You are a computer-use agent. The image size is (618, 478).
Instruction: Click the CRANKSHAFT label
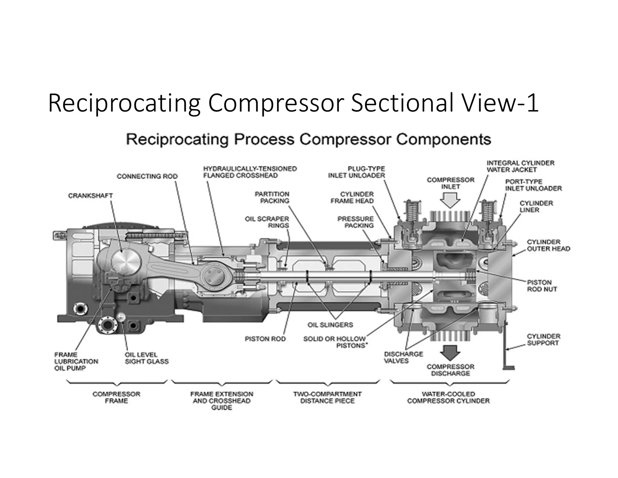[x=90, y=196]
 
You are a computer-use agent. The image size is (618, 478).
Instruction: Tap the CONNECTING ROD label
[x=147, y=176]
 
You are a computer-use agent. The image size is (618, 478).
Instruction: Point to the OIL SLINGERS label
[x=330, y=325]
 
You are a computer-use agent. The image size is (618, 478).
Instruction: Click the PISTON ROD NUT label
[x=542, y=286]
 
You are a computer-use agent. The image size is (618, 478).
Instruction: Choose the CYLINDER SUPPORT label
[x=543, y=339]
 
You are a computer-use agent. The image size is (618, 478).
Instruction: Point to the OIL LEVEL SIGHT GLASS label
[x=146, y=358]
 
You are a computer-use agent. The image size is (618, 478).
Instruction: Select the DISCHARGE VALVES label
[x=403, y=357]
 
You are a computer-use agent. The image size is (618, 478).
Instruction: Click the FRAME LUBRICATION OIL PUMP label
[x=76, y=361]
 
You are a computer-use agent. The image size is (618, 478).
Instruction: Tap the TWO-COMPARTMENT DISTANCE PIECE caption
[x=327, y=398]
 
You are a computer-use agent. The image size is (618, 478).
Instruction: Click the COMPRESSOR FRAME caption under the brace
[x=116, y=398]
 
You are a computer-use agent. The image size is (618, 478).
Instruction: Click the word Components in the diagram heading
[x=443, y=140]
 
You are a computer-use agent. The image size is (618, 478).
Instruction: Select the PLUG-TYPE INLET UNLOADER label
[x=356, y=172]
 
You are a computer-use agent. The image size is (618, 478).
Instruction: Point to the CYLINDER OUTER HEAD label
[x=548, y=245]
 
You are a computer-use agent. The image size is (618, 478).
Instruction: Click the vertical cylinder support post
[x=505, y=347]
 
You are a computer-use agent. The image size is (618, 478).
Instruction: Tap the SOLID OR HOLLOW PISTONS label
[x=335, y=342]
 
